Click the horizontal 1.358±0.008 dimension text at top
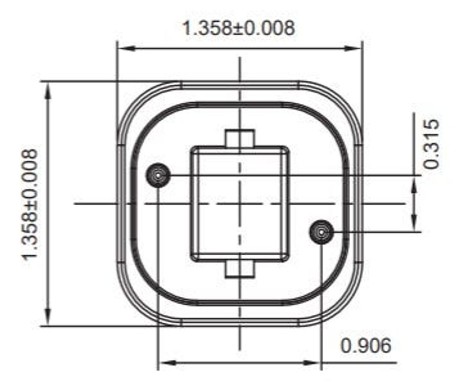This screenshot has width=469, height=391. pos(238,28)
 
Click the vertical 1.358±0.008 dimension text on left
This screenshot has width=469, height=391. pos(30,204)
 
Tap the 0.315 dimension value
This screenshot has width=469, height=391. pos(431,144)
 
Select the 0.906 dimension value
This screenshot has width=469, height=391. pos(366,346)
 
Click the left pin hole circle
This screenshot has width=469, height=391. pos(158,175)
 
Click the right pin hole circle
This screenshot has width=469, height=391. pos(321,232)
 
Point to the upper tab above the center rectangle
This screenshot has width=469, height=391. pos(240,138)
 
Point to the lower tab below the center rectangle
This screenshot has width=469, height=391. pos(240,269)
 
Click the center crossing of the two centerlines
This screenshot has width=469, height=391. pos(240,204)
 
